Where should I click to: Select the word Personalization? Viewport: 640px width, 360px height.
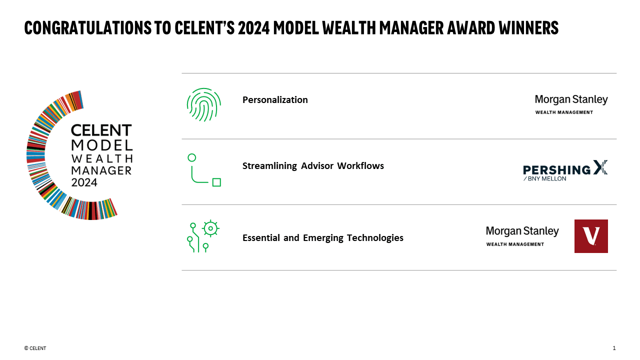pyautogui.click(x=275, y=100)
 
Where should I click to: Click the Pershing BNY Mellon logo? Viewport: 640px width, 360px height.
pyautogui.click(x=565, y=170)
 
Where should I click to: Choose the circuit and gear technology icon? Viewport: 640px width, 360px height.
pyautogui.click(x=203, y=236)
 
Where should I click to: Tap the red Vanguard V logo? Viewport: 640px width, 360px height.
pyautogui.click(x=591, y=236)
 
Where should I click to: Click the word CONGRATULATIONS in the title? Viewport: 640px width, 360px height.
pyautogui.click(x=85, y=28)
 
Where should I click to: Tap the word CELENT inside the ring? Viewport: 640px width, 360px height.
pyautogui.click(x=101, y=131)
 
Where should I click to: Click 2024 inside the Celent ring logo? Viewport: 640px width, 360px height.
pyautogui.click(x=84, y=182)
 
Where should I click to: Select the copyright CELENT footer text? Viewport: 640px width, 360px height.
pyautogui.click(x=35, y=348)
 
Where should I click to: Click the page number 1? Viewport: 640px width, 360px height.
pyautogui.click(x=614, y=348)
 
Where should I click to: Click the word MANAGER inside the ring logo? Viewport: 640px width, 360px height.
pyautogui.click(x=101, y=170)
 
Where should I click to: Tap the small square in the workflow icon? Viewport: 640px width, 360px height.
pyautogui.click(x=216, y=182)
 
